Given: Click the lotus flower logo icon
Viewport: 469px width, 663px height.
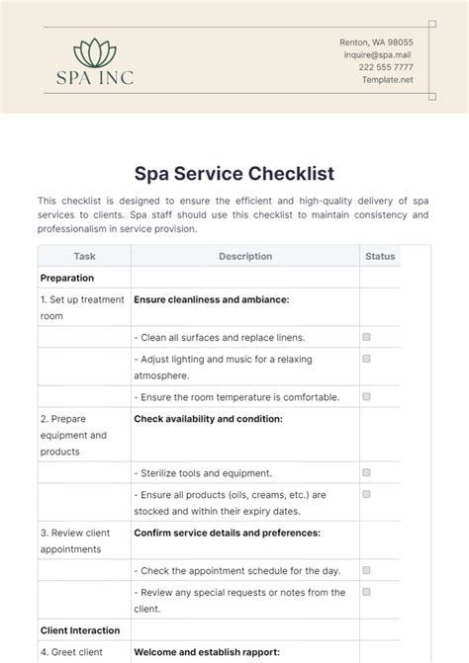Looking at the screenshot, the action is pos(94,50).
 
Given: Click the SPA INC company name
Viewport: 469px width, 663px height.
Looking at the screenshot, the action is pos(94,77).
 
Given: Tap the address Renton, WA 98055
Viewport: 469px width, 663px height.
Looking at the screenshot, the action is pos(376,42).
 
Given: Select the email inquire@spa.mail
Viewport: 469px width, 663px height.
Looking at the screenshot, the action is pos(378,55).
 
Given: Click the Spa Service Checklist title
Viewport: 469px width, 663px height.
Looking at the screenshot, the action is pos(234,174).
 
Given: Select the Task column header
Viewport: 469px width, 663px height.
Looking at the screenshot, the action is pos(84,256).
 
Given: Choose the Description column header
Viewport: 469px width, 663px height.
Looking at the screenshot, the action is pos(245,256).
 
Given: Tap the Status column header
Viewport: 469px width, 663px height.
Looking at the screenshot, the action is pos(380,256).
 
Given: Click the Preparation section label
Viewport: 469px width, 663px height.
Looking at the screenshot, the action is pos(67,278).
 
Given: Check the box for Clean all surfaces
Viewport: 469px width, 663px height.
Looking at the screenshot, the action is pos(366,337).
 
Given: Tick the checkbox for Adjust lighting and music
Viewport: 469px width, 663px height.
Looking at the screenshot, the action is pos(366,359).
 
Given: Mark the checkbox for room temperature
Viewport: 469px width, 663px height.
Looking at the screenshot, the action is pos(366,396).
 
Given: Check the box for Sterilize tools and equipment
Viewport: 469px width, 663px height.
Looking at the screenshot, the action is pos(366,472).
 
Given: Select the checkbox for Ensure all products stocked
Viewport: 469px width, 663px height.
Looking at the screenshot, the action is pos(366,493).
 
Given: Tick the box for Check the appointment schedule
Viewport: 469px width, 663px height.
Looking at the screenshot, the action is pos(366,570).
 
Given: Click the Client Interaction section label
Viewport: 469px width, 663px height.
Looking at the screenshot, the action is pos(80,629).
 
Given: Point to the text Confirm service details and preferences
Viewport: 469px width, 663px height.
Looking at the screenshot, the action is pos(227,533).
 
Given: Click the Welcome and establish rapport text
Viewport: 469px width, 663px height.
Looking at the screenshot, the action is pos(213,652).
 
